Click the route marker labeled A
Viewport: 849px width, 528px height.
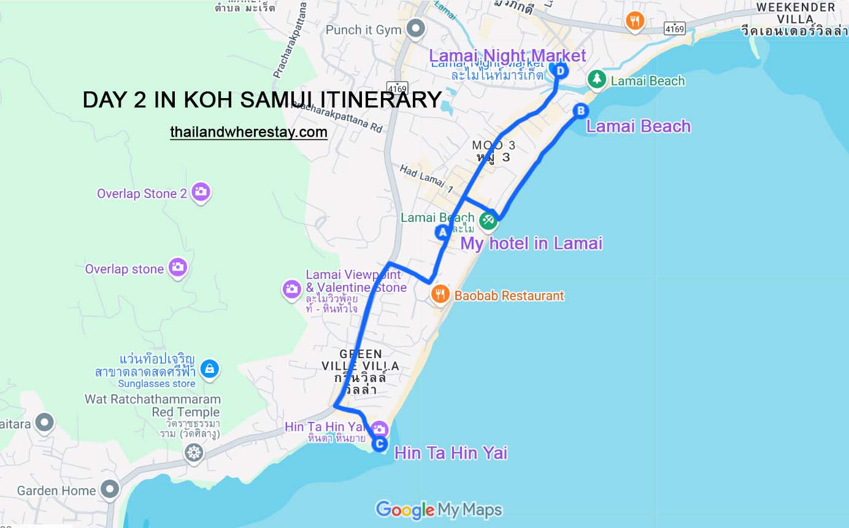tap(442, 232)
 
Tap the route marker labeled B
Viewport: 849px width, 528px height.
tap(580, 110)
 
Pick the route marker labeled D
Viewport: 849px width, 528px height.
tap(559, 71)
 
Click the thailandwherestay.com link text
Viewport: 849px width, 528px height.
tap(248, 132)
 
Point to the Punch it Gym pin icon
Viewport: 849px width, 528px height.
tap(417, 28)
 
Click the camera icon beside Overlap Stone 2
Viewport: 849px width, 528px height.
tap(201, 193)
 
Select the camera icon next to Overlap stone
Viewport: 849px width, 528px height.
tap(177, 267)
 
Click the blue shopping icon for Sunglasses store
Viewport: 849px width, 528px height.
tap(210, 369)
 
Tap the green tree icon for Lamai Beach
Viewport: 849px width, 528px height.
tap(596, 79)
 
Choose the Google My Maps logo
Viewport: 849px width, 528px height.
tap(439, 510)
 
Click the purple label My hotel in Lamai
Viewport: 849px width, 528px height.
tap(531, 243)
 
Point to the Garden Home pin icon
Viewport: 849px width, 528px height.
tap(110, 489)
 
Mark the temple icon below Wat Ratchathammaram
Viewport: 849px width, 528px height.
tap(194, 453)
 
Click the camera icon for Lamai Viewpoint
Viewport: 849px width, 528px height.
tap(291, 289)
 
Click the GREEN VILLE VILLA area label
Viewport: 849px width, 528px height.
tap(361, 360)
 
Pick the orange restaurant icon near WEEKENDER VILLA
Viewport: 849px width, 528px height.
tap(635, 21)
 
